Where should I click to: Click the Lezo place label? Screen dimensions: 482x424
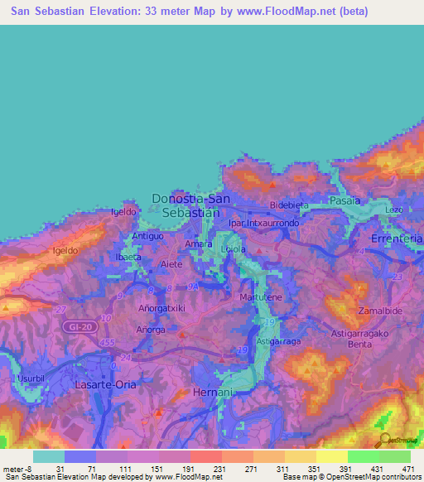tap(394, 210)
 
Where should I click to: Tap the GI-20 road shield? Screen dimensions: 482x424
tap(76, 329)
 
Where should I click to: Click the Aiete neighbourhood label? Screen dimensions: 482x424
tap(171, 264)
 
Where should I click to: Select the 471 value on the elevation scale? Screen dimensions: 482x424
tap(407, 468)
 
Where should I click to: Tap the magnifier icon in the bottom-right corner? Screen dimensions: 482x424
tap(384, 441)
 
